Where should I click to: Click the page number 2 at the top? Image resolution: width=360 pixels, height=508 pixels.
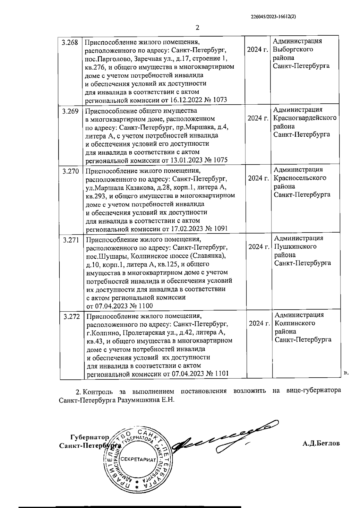click(x=197, y=28)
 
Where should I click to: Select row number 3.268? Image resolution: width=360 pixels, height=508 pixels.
click(x=70, y=43)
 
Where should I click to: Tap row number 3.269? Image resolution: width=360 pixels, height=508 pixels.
click(x=70, y=111)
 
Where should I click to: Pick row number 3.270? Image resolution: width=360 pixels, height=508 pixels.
click(x=70, y=171)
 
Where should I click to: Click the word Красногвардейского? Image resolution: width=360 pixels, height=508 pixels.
click(x=305, y=118)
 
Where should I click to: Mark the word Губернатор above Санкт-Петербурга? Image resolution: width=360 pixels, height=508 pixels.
click(x=89, y=436)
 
